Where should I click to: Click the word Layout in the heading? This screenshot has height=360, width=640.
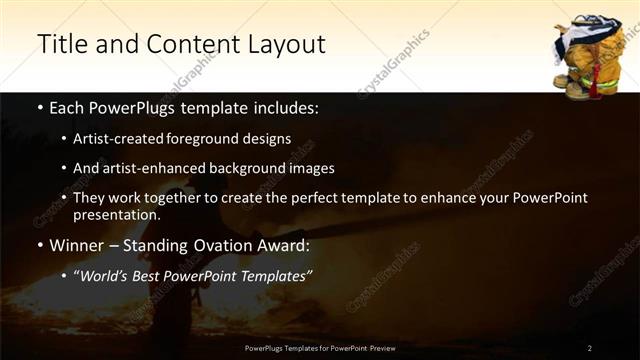pos(281,43)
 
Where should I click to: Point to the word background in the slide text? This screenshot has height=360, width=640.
pos(254,168)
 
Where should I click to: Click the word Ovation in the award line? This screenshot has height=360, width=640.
pos(217,244)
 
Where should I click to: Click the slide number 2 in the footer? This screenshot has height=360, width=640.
pos(590,348)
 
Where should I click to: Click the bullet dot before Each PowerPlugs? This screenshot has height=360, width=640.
pos(39,107)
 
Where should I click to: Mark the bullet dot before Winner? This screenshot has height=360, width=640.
pos(39,245)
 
